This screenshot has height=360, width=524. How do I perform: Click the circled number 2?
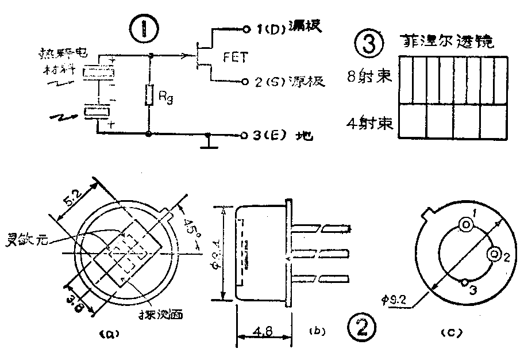coord(361,329)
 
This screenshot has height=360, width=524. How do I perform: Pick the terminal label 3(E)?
coord(271,137)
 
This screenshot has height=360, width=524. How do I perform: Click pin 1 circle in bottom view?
coord(464,225)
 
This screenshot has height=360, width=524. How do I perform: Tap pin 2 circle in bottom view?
coord(493,255)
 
